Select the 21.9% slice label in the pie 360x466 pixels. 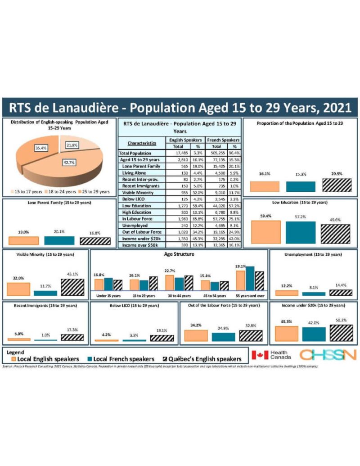pos(71,145)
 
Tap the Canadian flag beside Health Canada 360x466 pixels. pos(259,355)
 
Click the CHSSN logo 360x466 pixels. pos(328,355)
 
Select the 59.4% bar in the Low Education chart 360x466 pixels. pos(265,231)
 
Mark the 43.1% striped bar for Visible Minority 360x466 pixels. pos(72,287)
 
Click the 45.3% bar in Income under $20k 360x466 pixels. pos(286,334)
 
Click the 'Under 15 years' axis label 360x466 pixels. pos(108,296)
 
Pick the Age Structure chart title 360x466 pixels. pos(180,254)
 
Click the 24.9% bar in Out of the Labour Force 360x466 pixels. pos(223,336)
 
